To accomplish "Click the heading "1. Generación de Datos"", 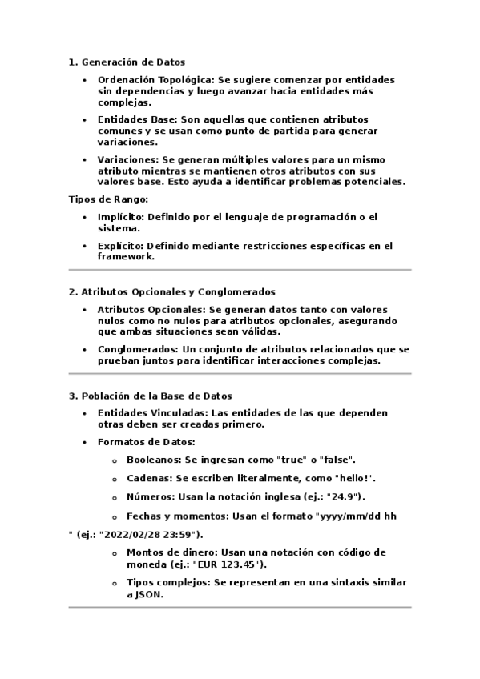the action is coord(127,62).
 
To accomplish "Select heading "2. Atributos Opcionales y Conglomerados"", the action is coord(171,292).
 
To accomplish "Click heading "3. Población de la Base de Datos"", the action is coord(150,396).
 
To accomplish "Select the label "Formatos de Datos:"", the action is coord(146,441).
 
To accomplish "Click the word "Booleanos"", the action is coord(153,460).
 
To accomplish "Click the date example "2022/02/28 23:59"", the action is coord(151,534).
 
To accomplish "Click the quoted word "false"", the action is coord(336,460).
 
